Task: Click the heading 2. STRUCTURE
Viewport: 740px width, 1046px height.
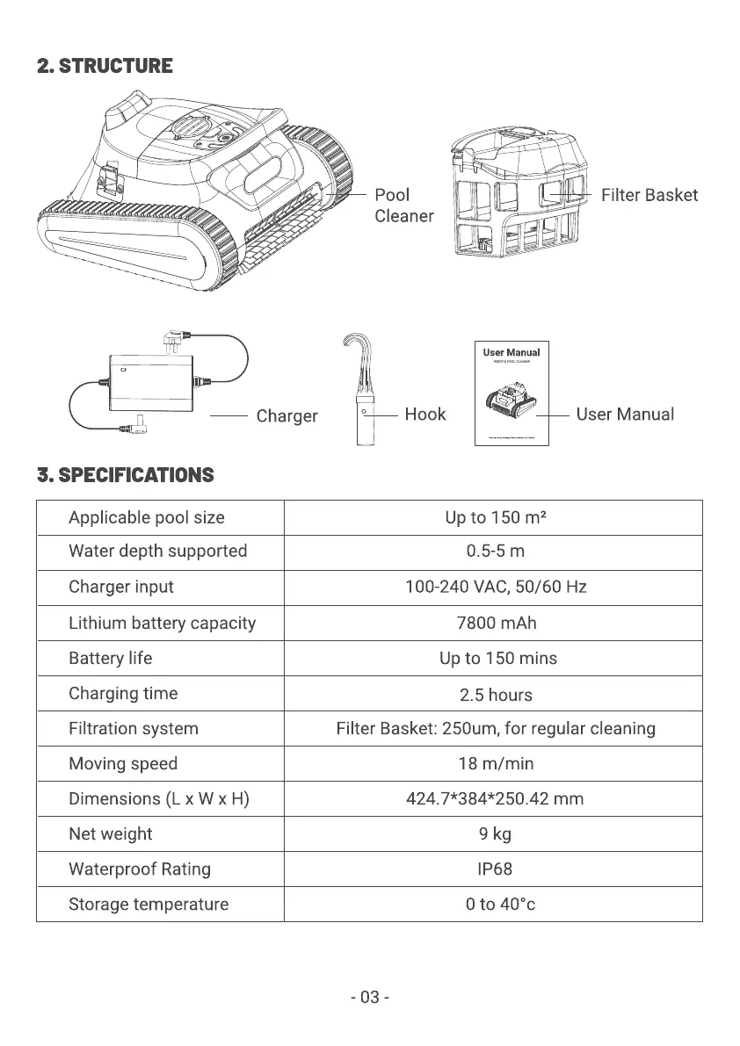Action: click(x=105, y=66)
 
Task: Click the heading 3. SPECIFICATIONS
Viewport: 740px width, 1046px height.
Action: click(x=126, y=475)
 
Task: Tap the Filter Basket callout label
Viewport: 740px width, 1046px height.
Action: click(x=649, y=195)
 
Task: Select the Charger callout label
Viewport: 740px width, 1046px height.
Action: click(x=287, y=415)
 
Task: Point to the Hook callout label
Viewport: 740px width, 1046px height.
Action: click(x=424, y=415)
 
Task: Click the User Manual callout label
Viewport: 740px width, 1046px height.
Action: click(x=625, y=415)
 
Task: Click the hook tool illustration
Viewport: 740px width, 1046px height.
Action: click(x=361, y=391)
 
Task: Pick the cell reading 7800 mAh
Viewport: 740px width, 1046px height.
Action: click(x=496, y=623)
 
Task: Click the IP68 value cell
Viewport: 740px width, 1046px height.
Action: click(x=494, y=869)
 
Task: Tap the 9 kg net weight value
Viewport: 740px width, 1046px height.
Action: click(x=495, y=833)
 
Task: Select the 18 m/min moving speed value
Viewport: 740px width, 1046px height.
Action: click(x=496, y=763)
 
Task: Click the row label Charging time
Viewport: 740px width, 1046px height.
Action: click(x=123, y=693)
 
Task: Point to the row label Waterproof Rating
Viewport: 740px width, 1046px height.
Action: click(x=140, y=869)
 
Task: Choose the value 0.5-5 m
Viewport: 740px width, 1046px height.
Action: click(x=495, y=552)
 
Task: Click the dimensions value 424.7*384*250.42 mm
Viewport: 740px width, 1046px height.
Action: click(x=495, y=798)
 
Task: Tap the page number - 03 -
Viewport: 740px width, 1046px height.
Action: click(x=370, y=998)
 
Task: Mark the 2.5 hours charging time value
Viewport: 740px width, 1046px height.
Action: click(x=496, y=695)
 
